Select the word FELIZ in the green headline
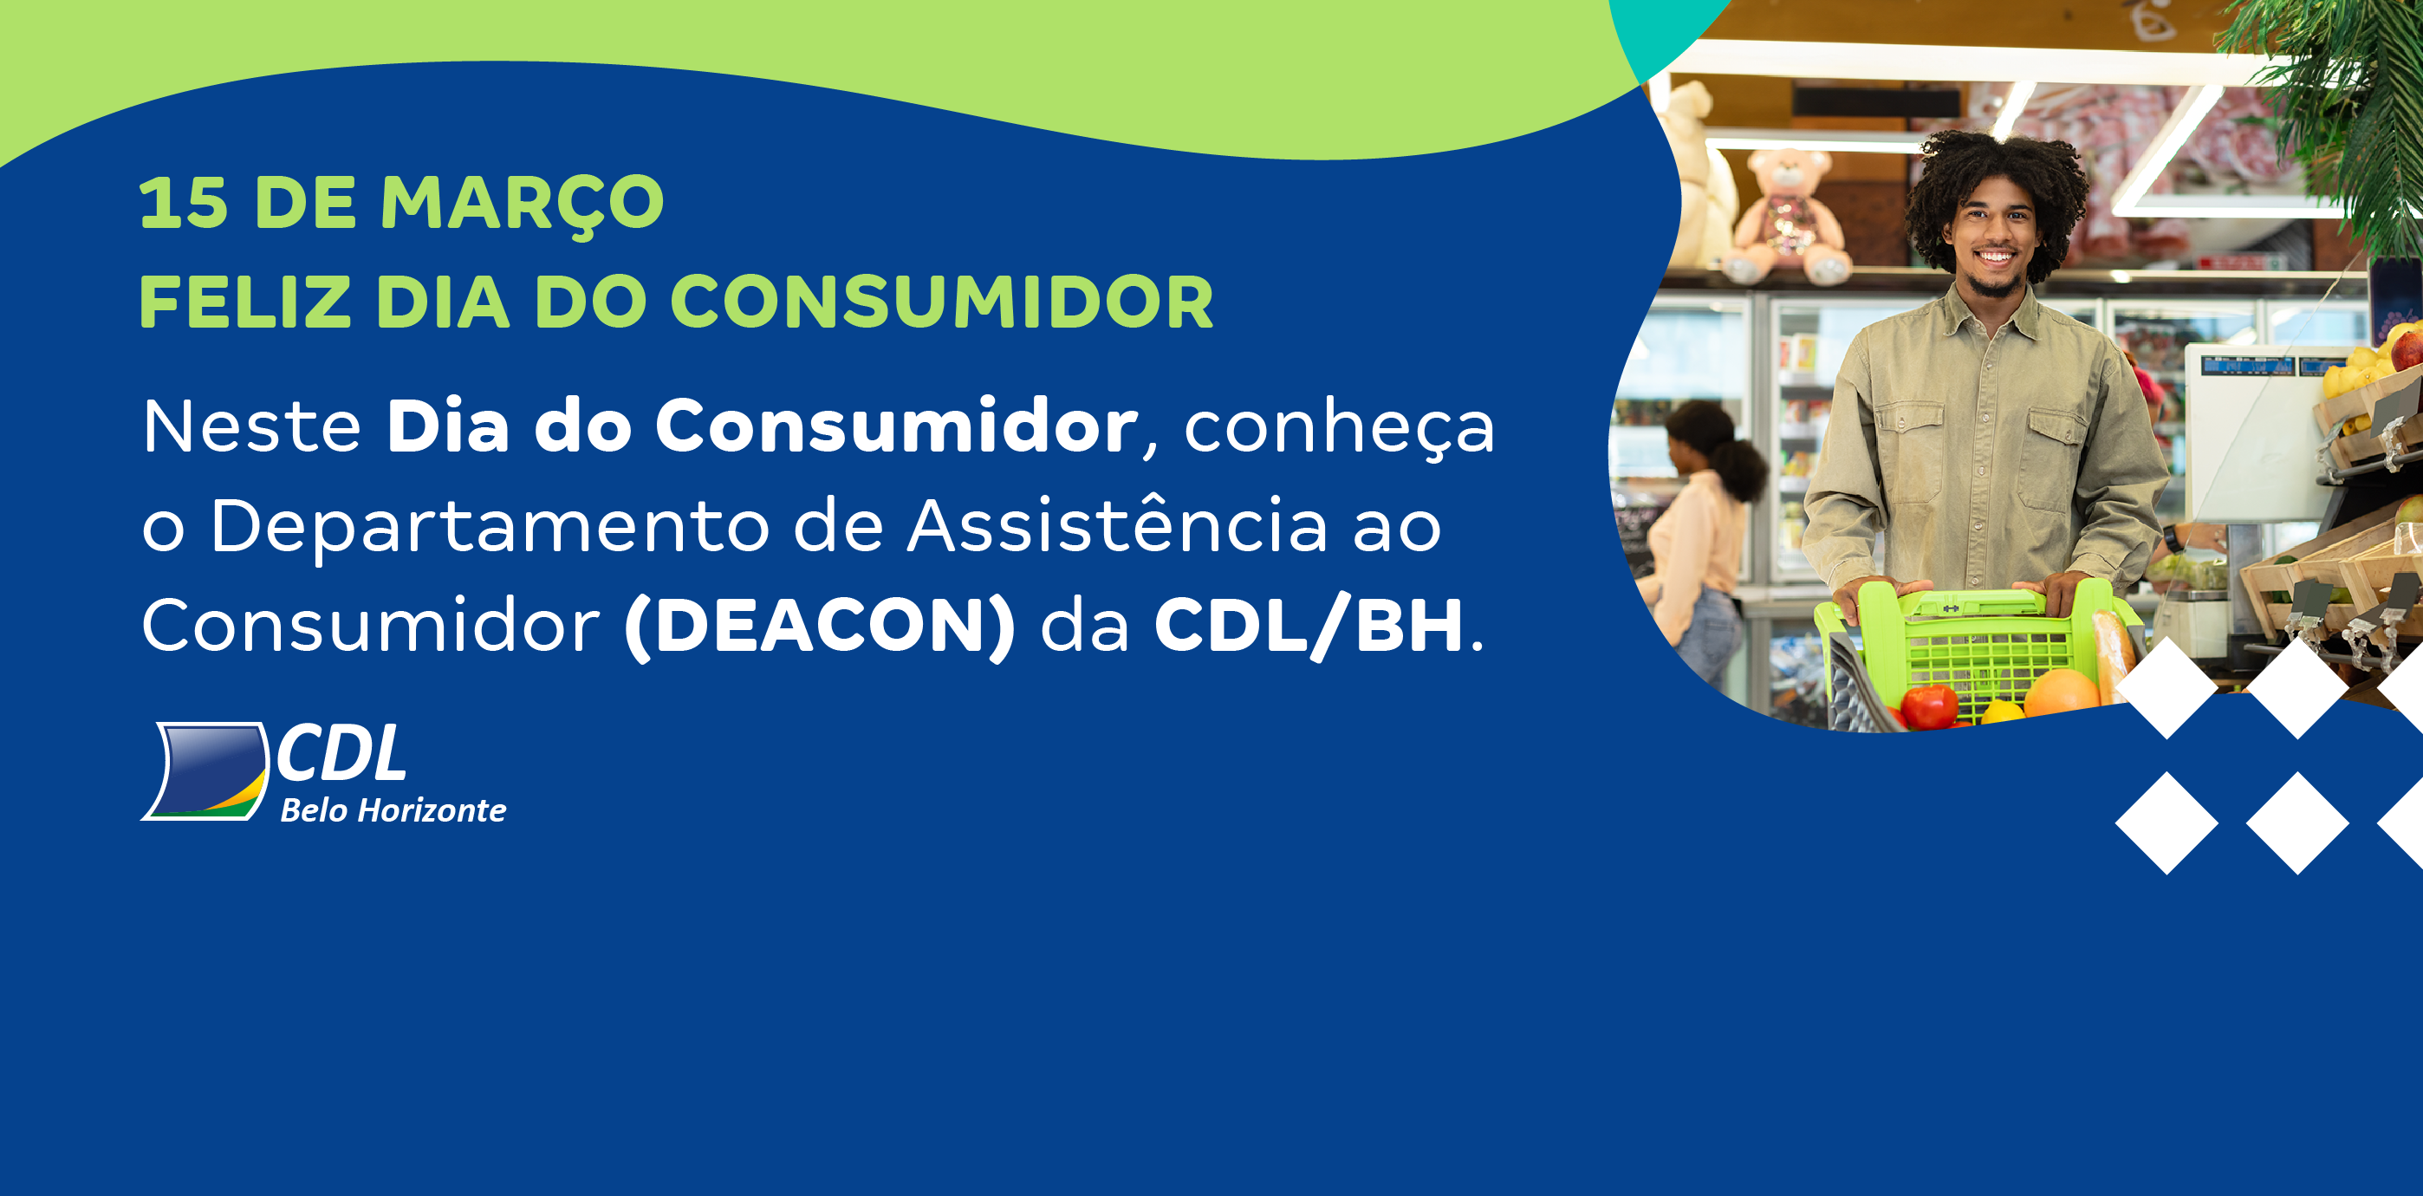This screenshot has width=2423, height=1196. (245, 302)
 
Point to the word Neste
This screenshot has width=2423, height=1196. (252, 426)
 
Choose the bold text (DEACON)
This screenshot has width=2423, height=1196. (819, 627)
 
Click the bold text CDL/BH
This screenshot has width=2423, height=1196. (1309, 626)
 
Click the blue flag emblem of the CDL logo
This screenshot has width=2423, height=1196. (206, 770)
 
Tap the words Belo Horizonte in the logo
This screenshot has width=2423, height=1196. (393, 810)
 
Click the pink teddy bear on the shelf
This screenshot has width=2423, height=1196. (1787, 217)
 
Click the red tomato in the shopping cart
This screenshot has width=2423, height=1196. (1928, 705)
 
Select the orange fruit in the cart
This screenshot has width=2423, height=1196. (2061, 694)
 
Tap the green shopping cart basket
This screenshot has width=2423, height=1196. (1975, 649)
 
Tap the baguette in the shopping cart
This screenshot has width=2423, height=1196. (2113, 655)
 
